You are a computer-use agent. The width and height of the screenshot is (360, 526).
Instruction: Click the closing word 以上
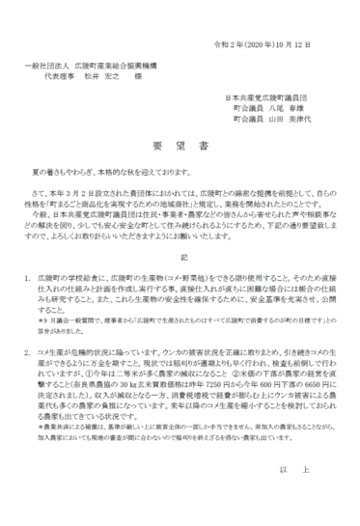(x=309, y=469)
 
